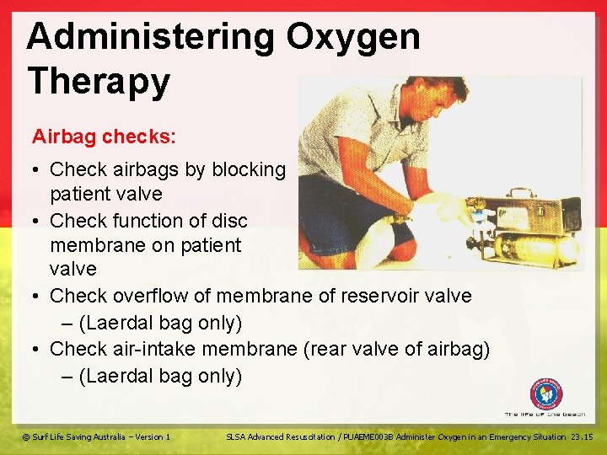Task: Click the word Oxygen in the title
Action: (352, 38)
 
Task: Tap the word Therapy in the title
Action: (99, 82)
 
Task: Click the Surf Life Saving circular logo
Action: (545, 393)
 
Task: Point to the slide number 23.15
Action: (582, 436)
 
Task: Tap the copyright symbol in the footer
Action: (26, 436)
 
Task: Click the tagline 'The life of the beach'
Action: (545, 415)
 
